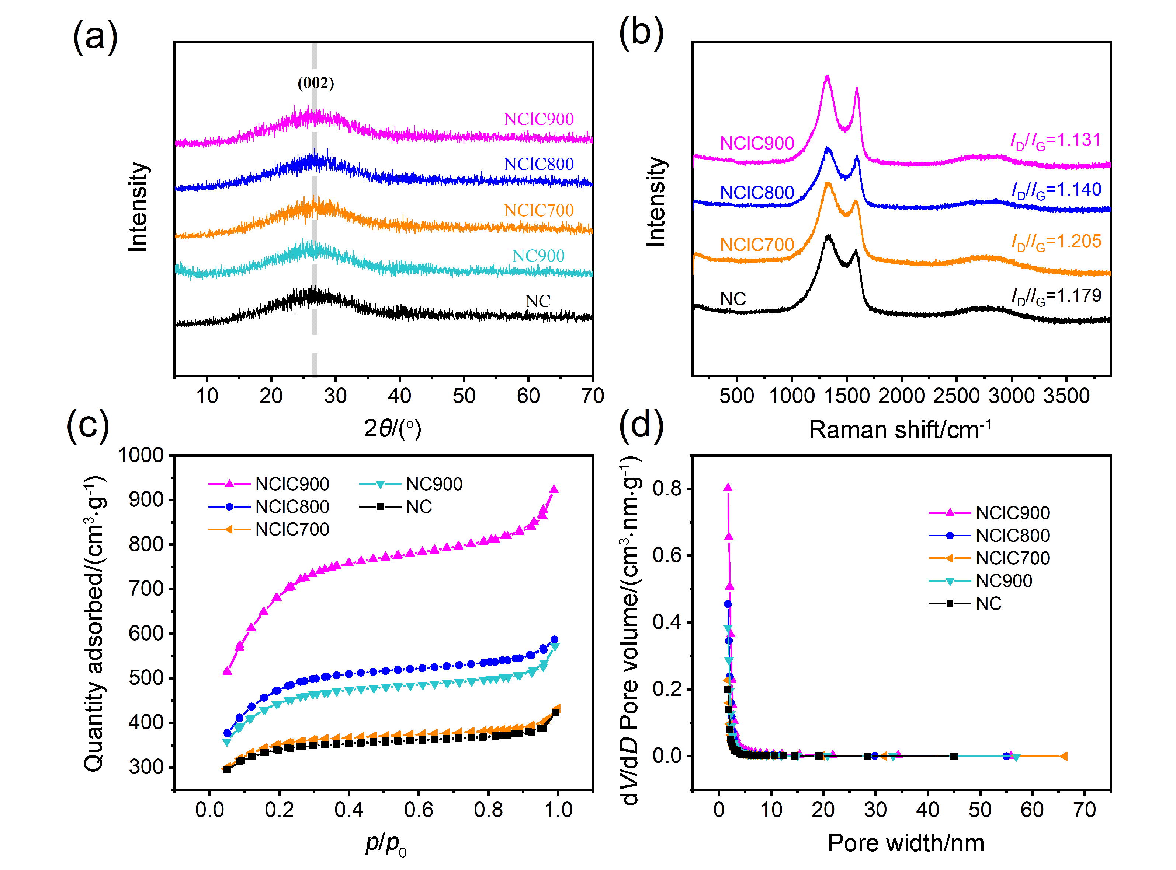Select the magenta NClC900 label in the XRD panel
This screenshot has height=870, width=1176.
(x=538, y=119)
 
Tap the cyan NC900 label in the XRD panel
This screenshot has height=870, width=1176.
(x=538, y=256)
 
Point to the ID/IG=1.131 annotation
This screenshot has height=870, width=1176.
(x=1055, y=141)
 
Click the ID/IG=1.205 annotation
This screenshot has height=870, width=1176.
(x=1056, y=242)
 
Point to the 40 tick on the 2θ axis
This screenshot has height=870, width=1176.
(x=399, y=396)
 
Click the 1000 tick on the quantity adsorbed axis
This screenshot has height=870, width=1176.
(x=141, y=455)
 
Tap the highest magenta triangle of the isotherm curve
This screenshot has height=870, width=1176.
(x=554, y=489)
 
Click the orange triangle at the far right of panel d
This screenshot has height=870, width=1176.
(x=1063, y=756)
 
